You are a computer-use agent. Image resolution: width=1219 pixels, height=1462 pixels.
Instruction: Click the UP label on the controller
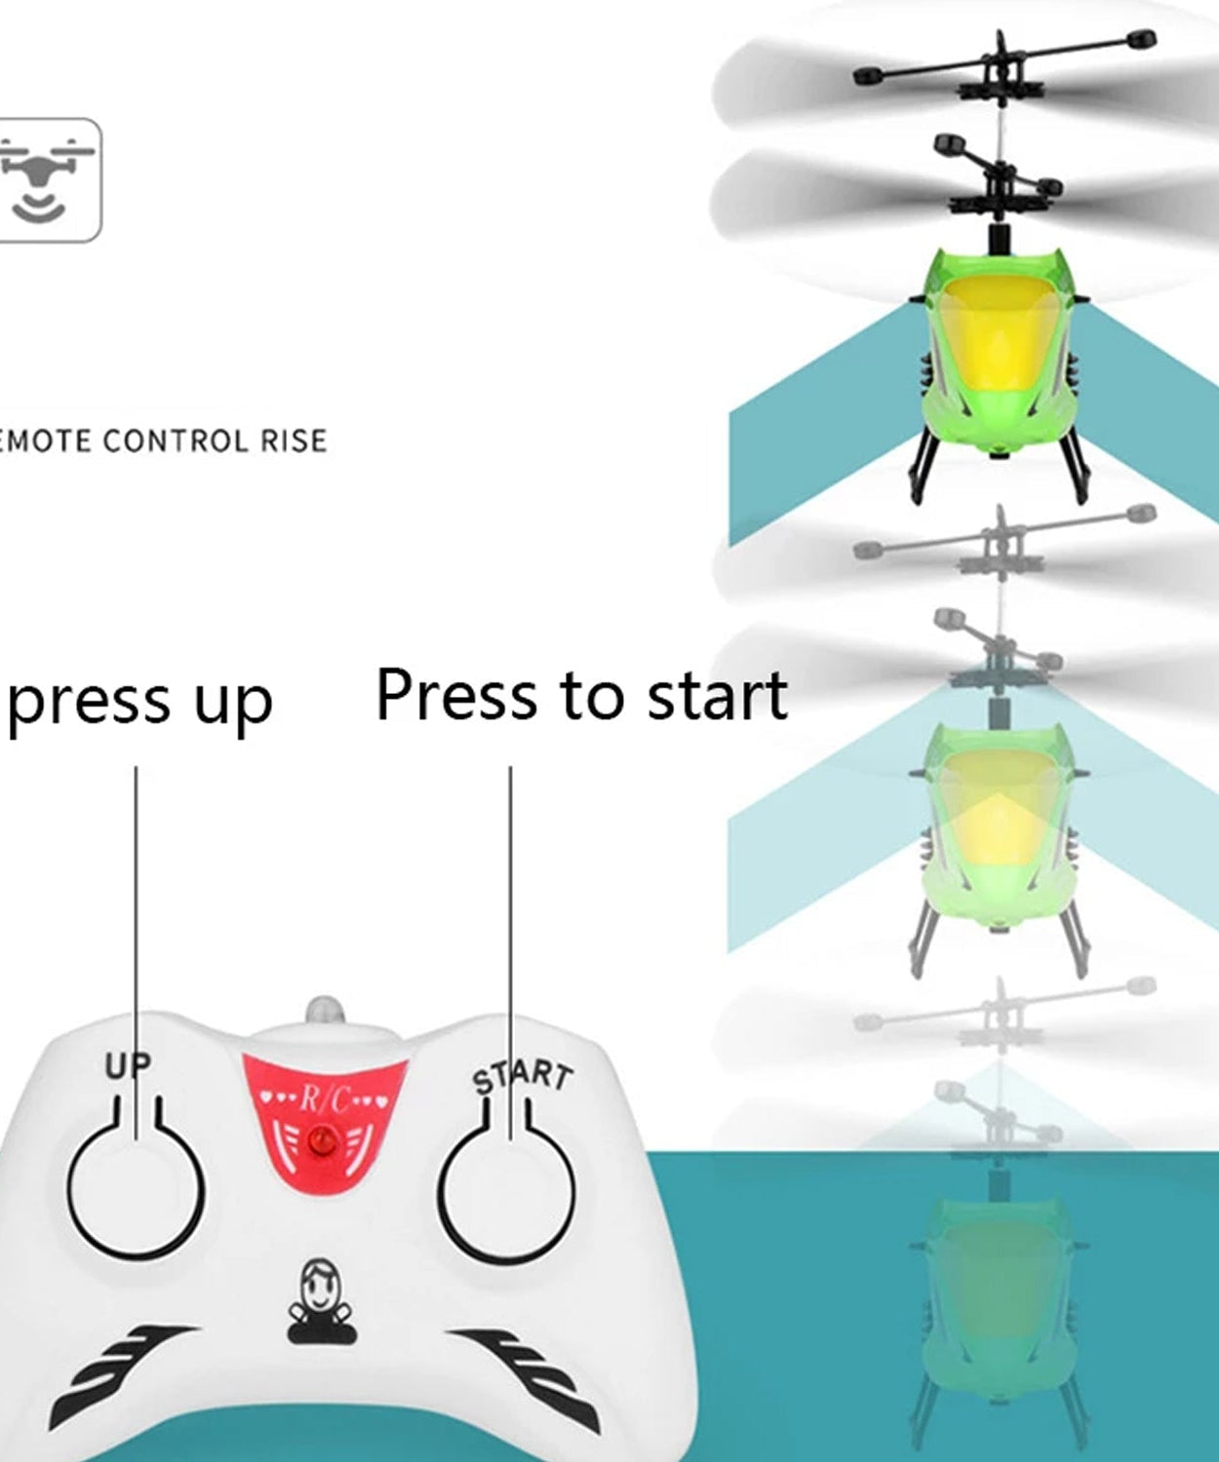pyautogui.click(x=128, y=1066)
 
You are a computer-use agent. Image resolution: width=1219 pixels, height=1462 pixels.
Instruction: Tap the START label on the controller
pyautogui.click(x=523, y=1076)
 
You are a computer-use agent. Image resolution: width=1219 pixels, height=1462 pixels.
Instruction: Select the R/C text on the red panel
pyautogui.click(x=323, y=1099)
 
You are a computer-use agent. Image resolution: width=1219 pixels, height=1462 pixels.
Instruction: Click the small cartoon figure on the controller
pyautogui.click(x=321, y=1302)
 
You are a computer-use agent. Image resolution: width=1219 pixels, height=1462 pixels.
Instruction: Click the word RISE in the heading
pyautogui.click(x=294, y=441)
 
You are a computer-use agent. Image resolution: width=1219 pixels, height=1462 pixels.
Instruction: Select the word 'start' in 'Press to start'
pyautogui.click(x=718, y=696)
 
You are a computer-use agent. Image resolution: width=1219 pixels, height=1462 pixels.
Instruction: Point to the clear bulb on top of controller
pyautogui.click(x=325, y=1010)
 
